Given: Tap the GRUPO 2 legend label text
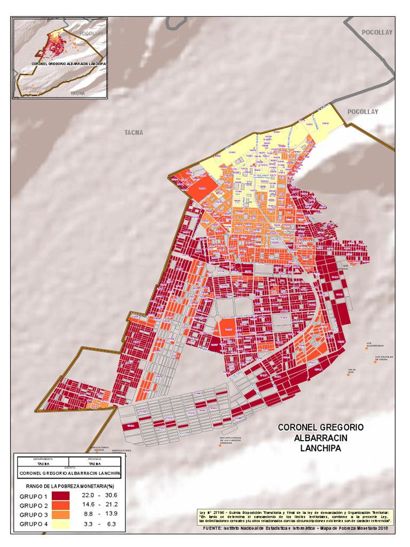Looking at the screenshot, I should pyautogui.click(x=34, y=506).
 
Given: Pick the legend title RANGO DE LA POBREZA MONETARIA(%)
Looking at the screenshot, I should pyautogui.click(x=70, y=486).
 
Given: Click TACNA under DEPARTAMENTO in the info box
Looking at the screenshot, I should pyautogui.click(x=43, y=464).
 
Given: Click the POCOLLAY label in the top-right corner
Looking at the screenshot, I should pyautogui.click(x=377, y=32).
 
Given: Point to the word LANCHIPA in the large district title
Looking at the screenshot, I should pyautogui.click(x=320, y=449).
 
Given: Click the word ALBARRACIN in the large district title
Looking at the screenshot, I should pyautogui.click(x=320, y=438).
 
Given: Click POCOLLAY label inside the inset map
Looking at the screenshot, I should pyautogui.click(x=90, y=33).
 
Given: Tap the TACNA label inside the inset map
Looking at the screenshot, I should pyautogui.click(x=78, y=92).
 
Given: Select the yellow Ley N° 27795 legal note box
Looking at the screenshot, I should pyautogui.click(x=296, y=516).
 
